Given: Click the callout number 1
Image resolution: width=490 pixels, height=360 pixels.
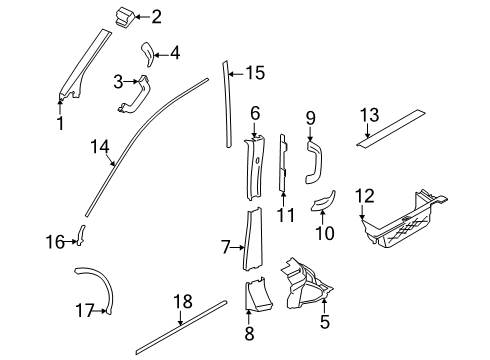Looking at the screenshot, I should click(x=60, y=124).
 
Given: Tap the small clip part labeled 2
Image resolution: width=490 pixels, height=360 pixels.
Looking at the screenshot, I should click(x=125, y=15).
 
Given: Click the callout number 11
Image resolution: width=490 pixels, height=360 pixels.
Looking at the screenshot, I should click(x=286, y=215).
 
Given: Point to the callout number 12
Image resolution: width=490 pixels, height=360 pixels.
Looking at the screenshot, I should click(x=364, y=196).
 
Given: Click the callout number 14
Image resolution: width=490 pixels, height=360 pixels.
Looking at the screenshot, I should click(x=98, y=149).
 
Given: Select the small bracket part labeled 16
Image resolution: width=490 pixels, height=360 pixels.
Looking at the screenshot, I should click(x=83, y=236).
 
